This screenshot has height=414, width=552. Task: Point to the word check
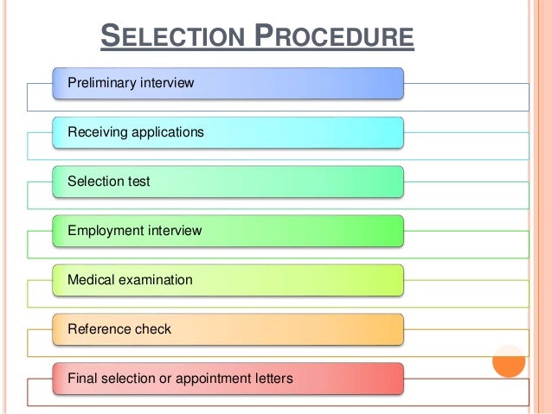pyautogui.click(x=152, y=329)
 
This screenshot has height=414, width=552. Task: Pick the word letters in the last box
pyautogui.click(x=272, y=379)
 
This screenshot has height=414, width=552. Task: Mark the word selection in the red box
pyautogui.click(x=125, y=379)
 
